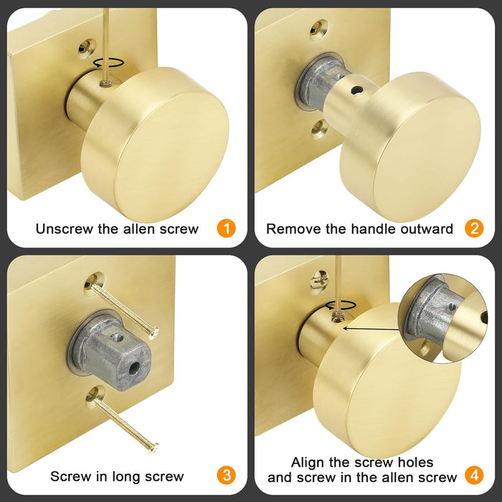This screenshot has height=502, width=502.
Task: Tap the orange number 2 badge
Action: click(473, 229)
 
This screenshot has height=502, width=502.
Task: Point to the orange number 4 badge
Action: click(473, 475)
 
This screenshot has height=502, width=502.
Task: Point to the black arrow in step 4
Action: click(373, 324)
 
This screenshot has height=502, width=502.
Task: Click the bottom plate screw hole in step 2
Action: click(319, 128)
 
